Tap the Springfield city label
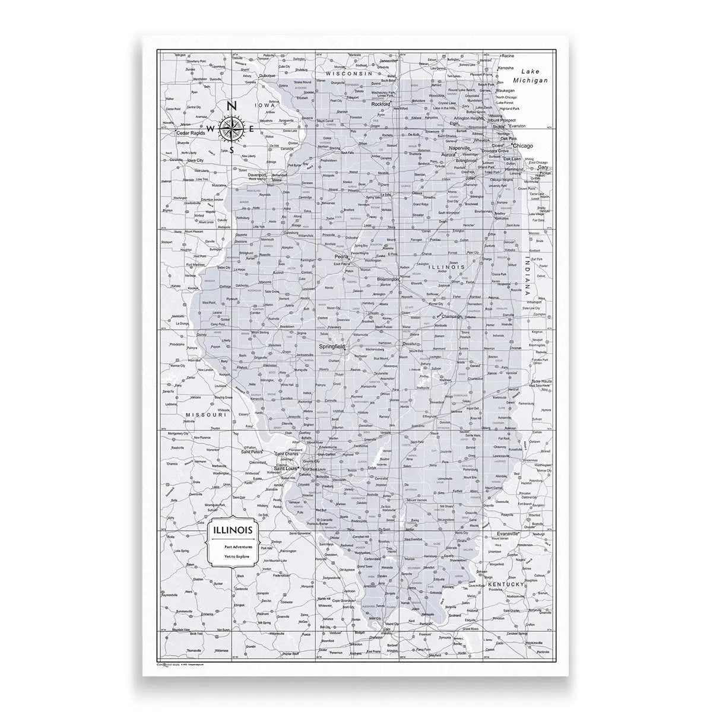click(x=334, y=345)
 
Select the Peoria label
click(x=341, y=256)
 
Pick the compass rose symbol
click(x=230, y=128)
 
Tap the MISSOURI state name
click(x=206, y=415)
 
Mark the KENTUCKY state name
click(x=505, y=584)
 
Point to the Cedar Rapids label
click(x=191, y=133)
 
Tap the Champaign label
click(x=455, y=317)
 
